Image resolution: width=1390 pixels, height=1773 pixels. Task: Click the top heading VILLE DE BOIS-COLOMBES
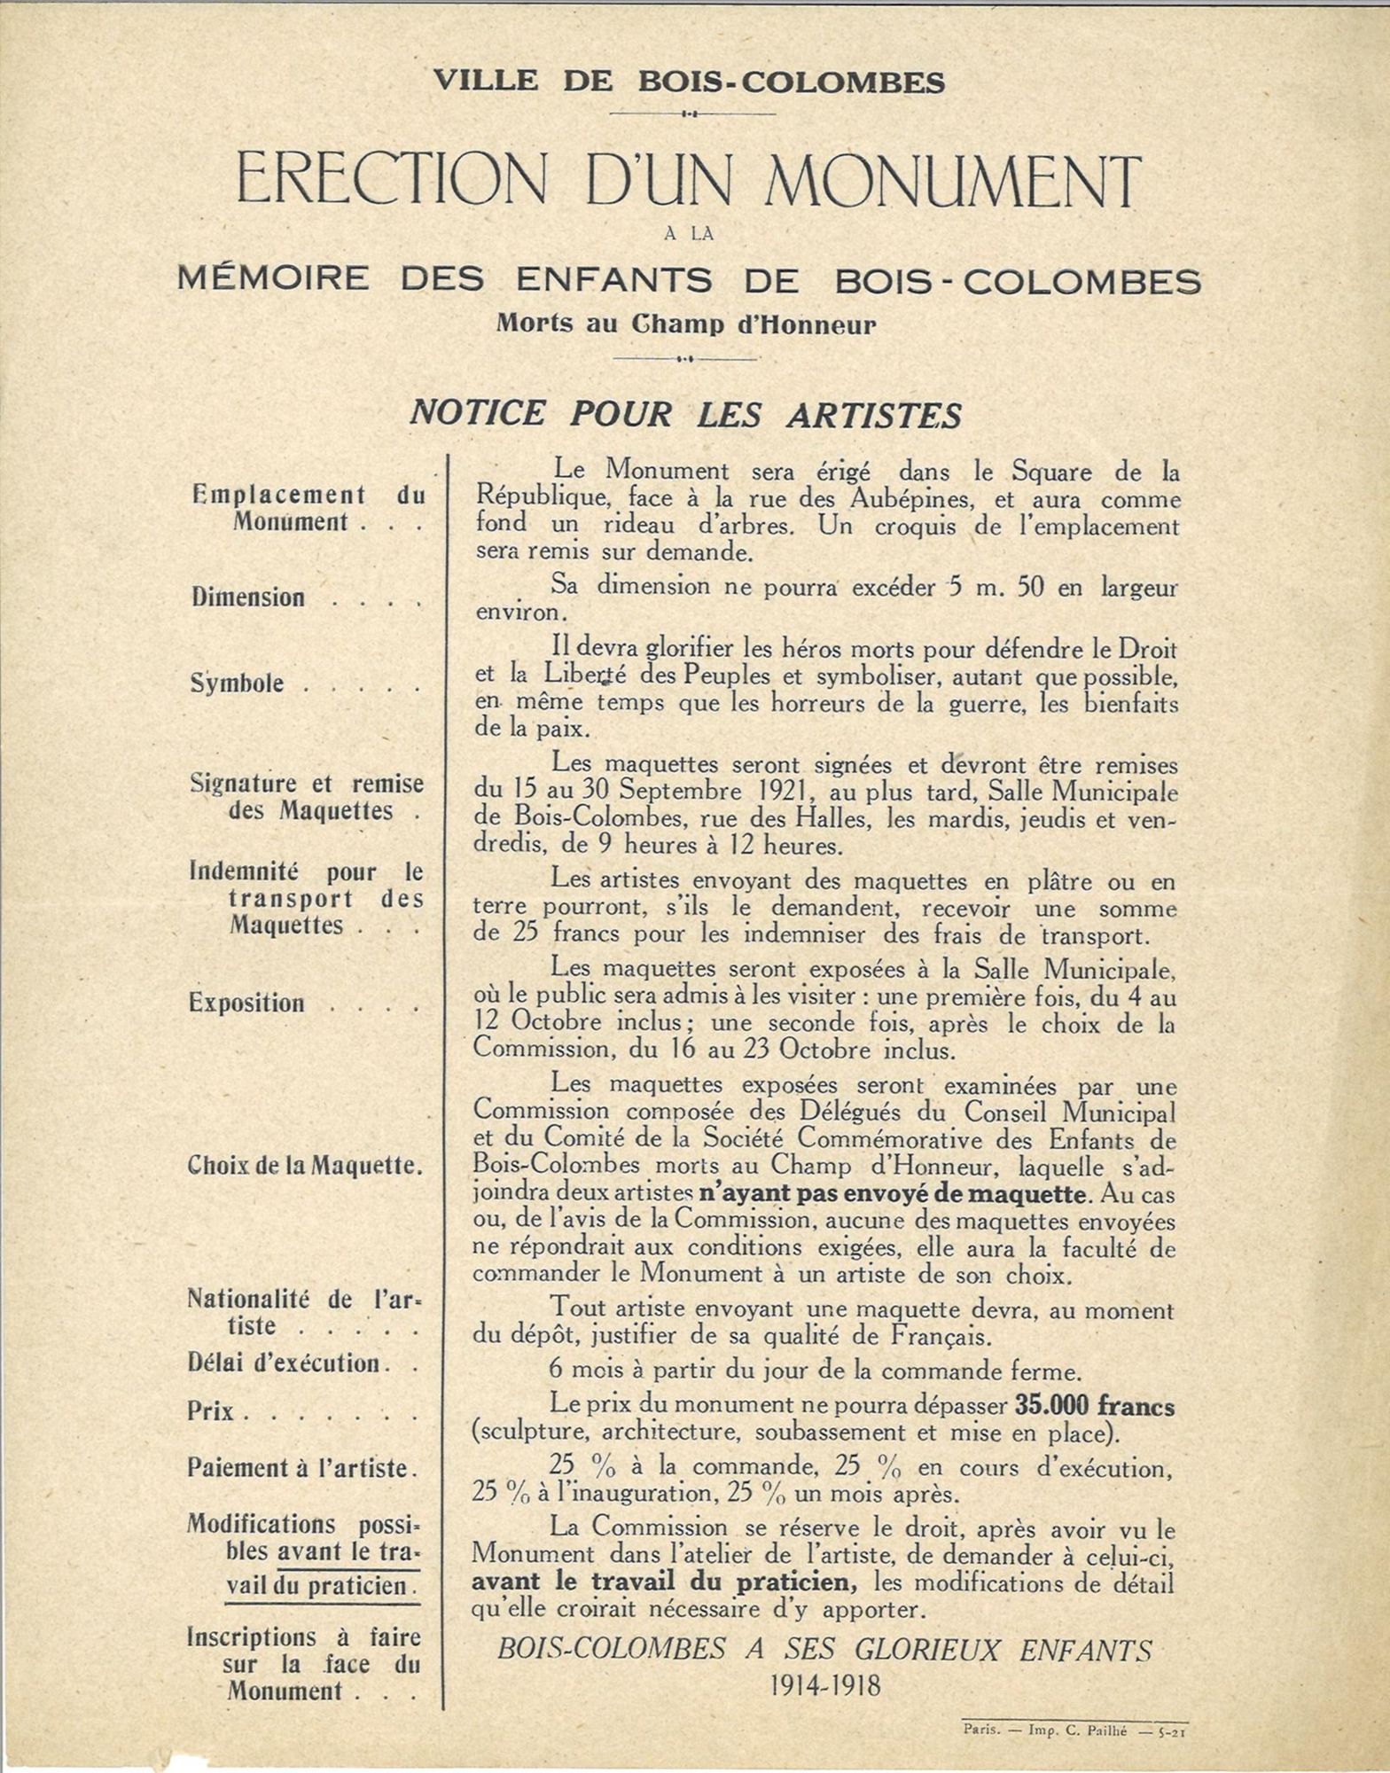point(690,82)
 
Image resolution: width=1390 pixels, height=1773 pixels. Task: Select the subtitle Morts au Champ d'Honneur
point(685,324)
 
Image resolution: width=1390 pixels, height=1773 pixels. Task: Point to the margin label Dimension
point(248,598)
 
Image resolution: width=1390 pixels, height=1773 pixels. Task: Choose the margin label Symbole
point(238,683)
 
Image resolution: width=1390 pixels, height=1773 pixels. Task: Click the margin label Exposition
point(246,1004)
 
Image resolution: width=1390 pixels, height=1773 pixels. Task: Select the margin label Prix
point(211,1410)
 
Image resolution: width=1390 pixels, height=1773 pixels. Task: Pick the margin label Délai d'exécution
point(284,1363)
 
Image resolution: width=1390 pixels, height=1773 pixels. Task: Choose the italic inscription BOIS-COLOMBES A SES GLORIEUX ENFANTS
point(824,1650)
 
